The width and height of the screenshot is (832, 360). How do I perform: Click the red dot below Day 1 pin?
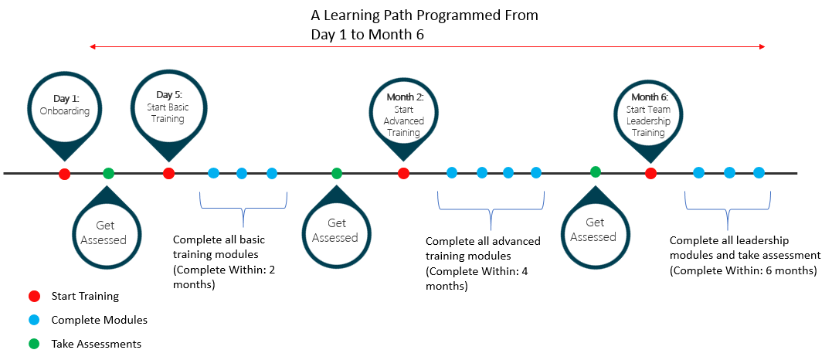point(65,174)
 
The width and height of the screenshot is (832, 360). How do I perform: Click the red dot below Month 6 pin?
point(650,174)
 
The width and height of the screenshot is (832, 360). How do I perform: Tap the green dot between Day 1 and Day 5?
point(108,174)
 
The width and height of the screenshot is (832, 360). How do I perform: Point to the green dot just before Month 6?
point(595,172)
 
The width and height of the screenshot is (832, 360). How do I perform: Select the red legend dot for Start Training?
point(34,296)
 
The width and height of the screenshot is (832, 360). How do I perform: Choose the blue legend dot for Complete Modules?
point(34,320)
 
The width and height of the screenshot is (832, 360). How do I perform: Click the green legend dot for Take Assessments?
point(34,344)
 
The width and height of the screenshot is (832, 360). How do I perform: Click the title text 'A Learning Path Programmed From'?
point(424,15)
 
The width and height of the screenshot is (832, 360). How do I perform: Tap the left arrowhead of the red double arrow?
point(93,47)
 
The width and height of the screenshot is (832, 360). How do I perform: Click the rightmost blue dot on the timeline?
point(759,173)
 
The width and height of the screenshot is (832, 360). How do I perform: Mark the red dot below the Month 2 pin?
point(403,174)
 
